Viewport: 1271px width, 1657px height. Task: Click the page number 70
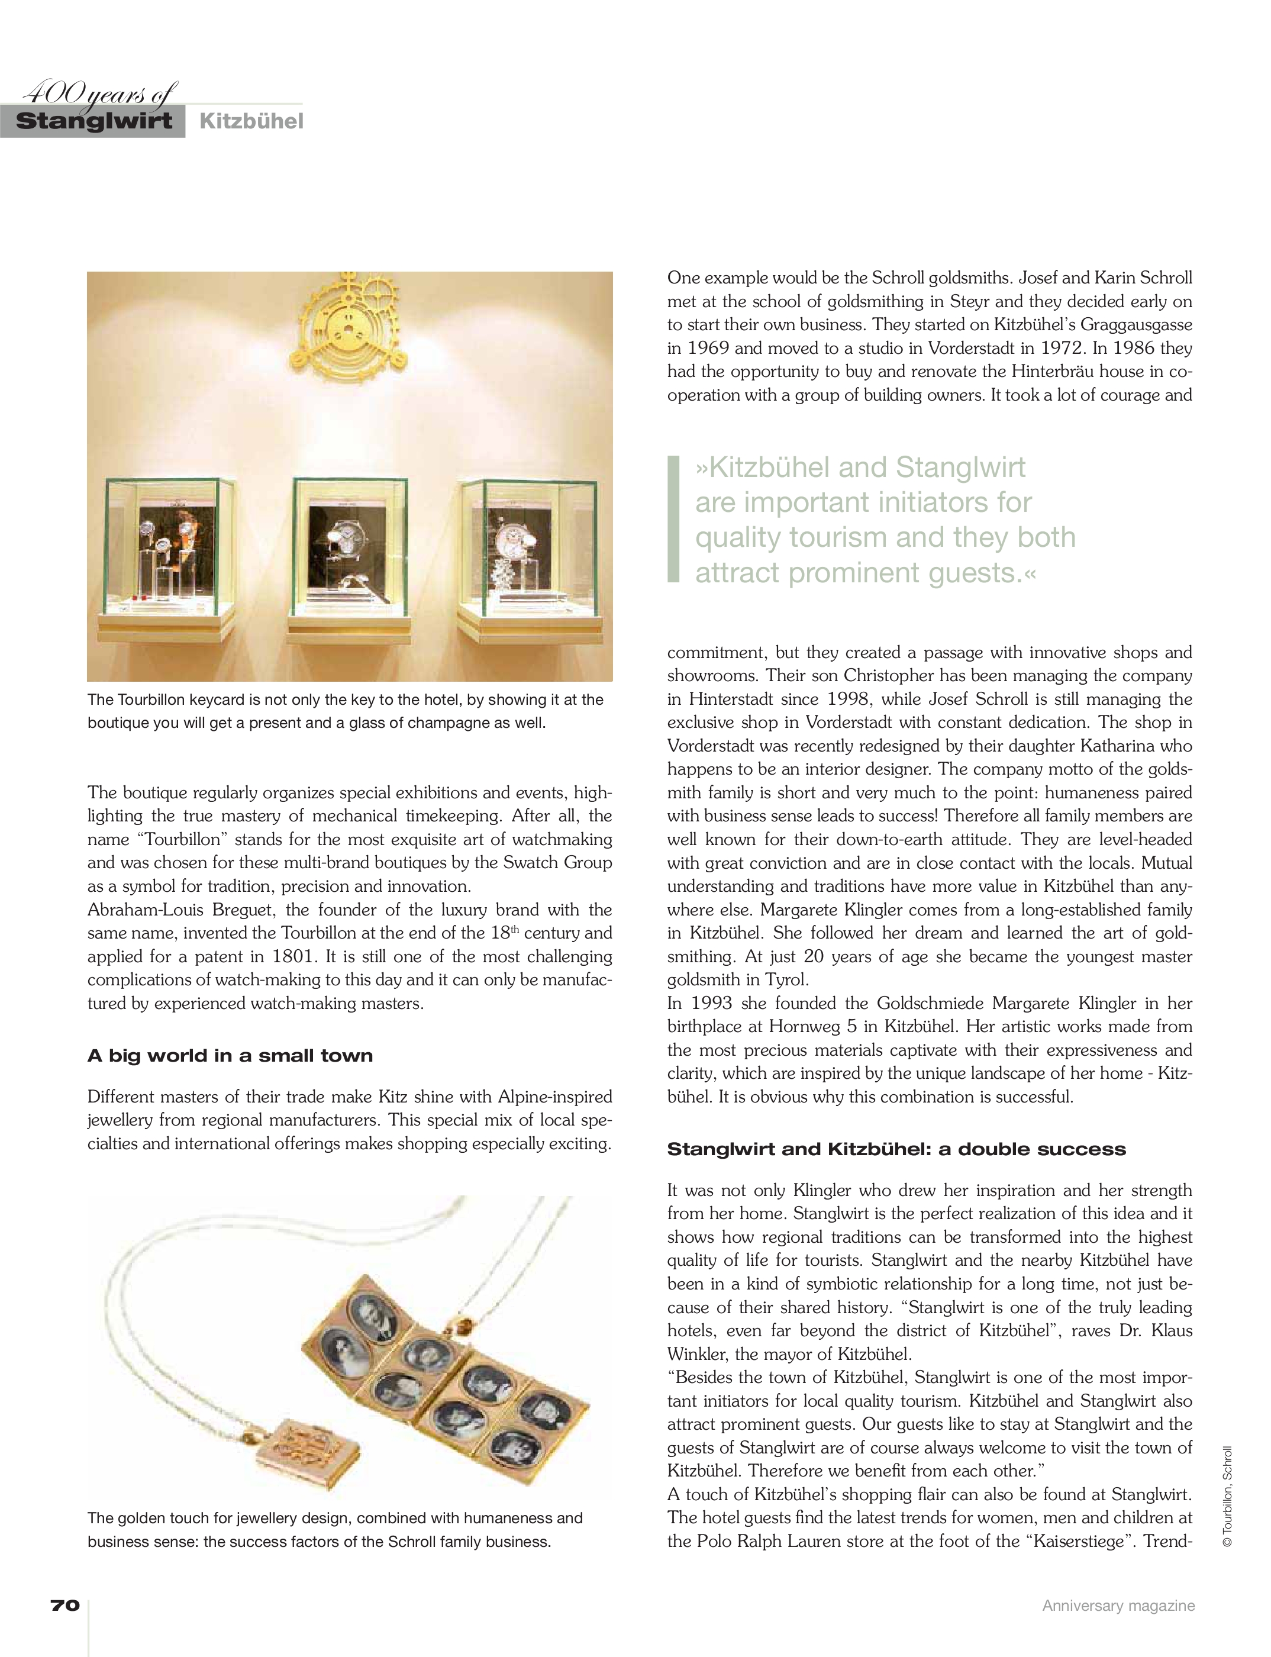click(65, 1606)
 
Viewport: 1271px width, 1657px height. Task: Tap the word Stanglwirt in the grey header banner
click(94, 121)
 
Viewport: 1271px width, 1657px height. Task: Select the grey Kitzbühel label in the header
click(251, 121)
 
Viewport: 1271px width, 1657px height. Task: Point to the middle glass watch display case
click(350, 549)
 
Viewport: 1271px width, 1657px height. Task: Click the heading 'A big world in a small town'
click(230, 1056)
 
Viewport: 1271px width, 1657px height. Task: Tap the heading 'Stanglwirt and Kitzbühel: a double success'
click(896, 1149)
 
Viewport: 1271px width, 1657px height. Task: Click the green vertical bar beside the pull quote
click(673, 519)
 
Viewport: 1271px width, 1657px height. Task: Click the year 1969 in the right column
click(708, 348)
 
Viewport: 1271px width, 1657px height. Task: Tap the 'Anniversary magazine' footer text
click(1118, 1606)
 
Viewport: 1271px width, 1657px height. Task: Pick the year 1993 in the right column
click(711, 1003)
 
